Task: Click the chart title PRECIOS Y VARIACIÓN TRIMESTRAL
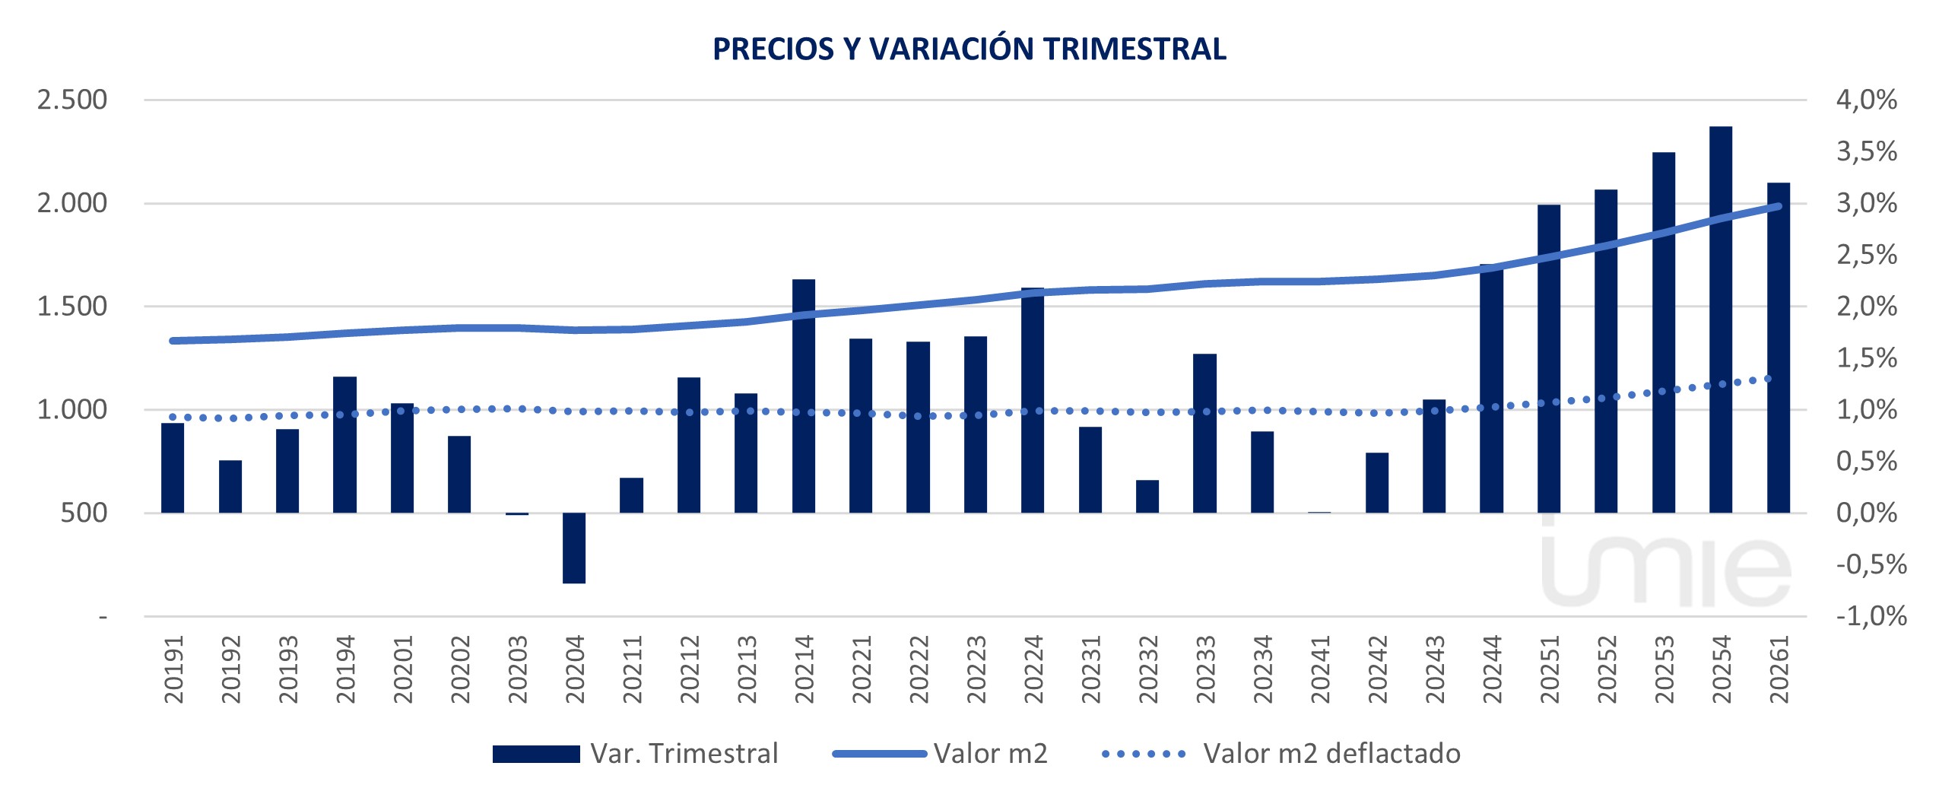coord(969,49)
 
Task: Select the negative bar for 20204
coord(573,548)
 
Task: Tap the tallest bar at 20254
coord(1720,319)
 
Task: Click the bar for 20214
coord(803,396)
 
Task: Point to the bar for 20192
coord(230,487)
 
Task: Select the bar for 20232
coord(1147,496)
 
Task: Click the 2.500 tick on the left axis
coord(72,100)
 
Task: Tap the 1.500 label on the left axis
coord(72,307)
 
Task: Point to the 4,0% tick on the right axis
coord(1866,100)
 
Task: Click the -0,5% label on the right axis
coord(1871,564)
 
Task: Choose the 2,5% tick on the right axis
coord(1866,255)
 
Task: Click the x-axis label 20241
coord(1320,669)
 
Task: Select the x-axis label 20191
coord(173,669)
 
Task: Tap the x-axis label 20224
coord(1033,669)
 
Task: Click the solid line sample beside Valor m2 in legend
coord(879,754)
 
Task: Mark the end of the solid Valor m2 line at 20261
coord(1778,206)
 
